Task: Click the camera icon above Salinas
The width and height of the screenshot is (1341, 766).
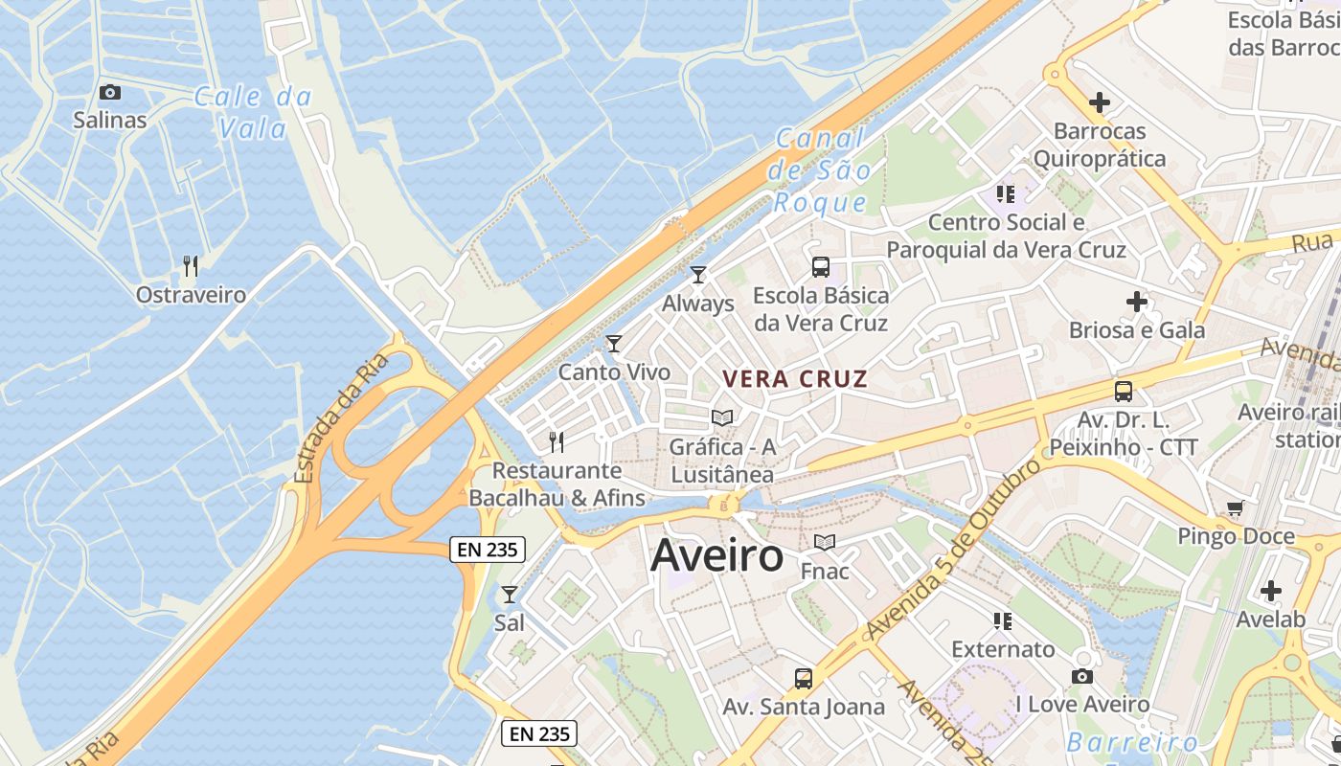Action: (110, 92)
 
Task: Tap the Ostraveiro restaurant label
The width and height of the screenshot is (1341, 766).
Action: (191, 295)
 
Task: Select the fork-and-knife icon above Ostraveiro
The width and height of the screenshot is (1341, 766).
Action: (191, 266)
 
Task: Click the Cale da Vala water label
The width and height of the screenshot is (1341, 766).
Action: (253, 111)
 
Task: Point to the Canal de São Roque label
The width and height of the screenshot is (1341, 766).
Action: (820, 170)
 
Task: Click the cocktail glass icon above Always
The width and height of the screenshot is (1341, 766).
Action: (698, 275)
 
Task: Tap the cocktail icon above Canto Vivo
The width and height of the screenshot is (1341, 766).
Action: (614, 343)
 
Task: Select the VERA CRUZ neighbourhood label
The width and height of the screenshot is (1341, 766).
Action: (795, 379)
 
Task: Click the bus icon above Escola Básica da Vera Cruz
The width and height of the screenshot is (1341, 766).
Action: (821, 267)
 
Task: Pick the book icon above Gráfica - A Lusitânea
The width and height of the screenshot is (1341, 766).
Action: (722, 418)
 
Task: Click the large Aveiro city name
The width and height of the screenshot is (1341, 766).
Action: (716, 556)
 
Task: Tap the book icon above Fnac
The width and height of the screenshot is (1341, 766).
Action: (825, 543)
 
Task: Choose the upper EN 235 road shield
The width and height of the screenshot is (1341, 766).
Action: (489, 549)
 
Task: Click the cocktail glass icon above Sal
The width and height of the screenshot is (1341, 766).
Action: (510, 595)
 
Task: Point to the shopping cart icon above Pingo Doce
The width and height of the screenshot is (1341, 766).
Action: (1236, 508)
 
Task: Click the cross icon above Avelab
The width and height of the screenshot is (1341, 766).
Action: (1271, 591)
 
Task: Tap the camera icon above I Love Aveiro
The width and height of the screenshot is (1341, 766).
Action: (1082, 677)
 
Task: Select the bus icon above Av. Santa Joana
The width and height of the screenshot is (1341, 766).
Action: (804, 679)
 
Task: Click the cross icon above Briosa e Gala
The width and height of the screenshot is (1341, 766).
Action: (1137, 303)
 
